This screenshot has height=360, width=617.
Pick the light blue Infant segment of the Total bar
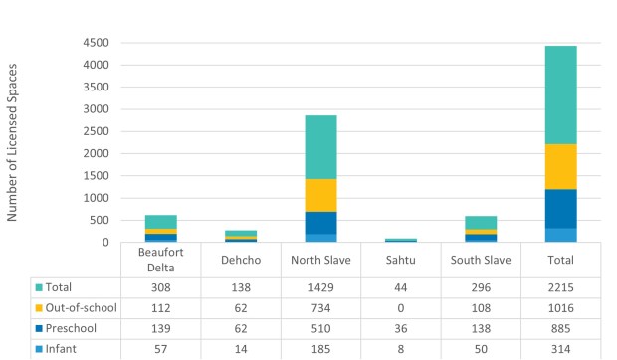[x=560, y=235]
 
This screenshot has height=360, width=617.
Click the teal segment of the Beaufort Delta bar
[x=160, y=221]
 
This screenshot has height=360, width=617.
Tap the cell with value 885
[x=560, y=329]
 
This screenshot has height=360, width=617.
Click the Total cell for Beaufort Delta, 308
[x=160, y=286]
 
